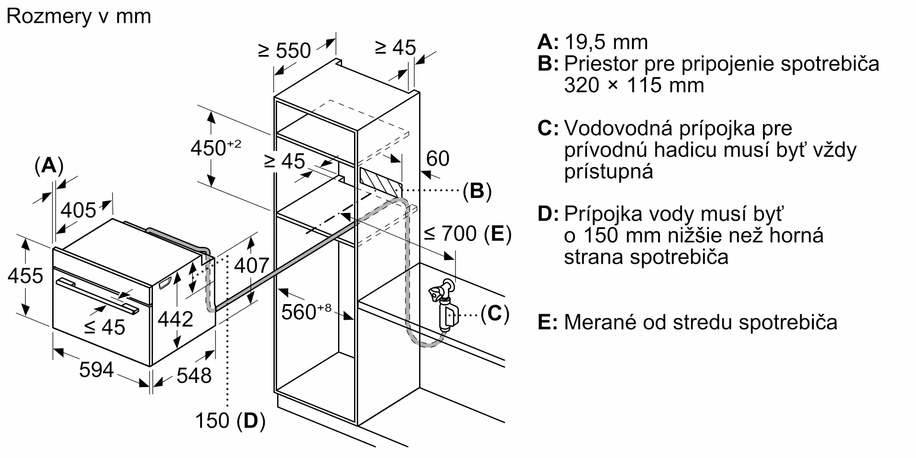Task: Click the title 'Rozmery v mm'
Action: (x=79, y=16)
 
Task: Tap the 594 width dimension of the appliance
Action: (x=96, y=369)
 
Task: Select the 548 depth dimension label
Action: (x=194, y=376)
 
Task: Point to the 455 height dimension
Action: (x=26, y=276)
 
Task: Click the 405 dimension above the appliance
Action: (x=78, y=210)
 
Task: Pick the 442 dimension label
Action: (x=175, y=319)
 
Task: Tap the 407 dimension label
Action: (x=251, y=265)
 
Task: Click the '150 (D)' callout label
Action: (x=230, y=420)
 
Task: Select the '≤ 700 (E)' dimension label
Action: (x=467, y=234)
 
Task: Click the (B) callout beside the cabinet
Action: (x=477, y=191)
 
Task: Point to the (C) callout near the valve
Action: (x=495, y=314)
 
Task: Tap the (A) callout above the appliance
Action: (x=49, y=165)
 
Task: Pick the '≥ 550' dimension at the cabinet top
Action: (x=284, y=50)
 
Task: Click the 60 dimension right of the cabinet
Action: (x=437, y=158)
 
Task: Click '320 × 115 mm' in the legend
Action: (x=634, y=85)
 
